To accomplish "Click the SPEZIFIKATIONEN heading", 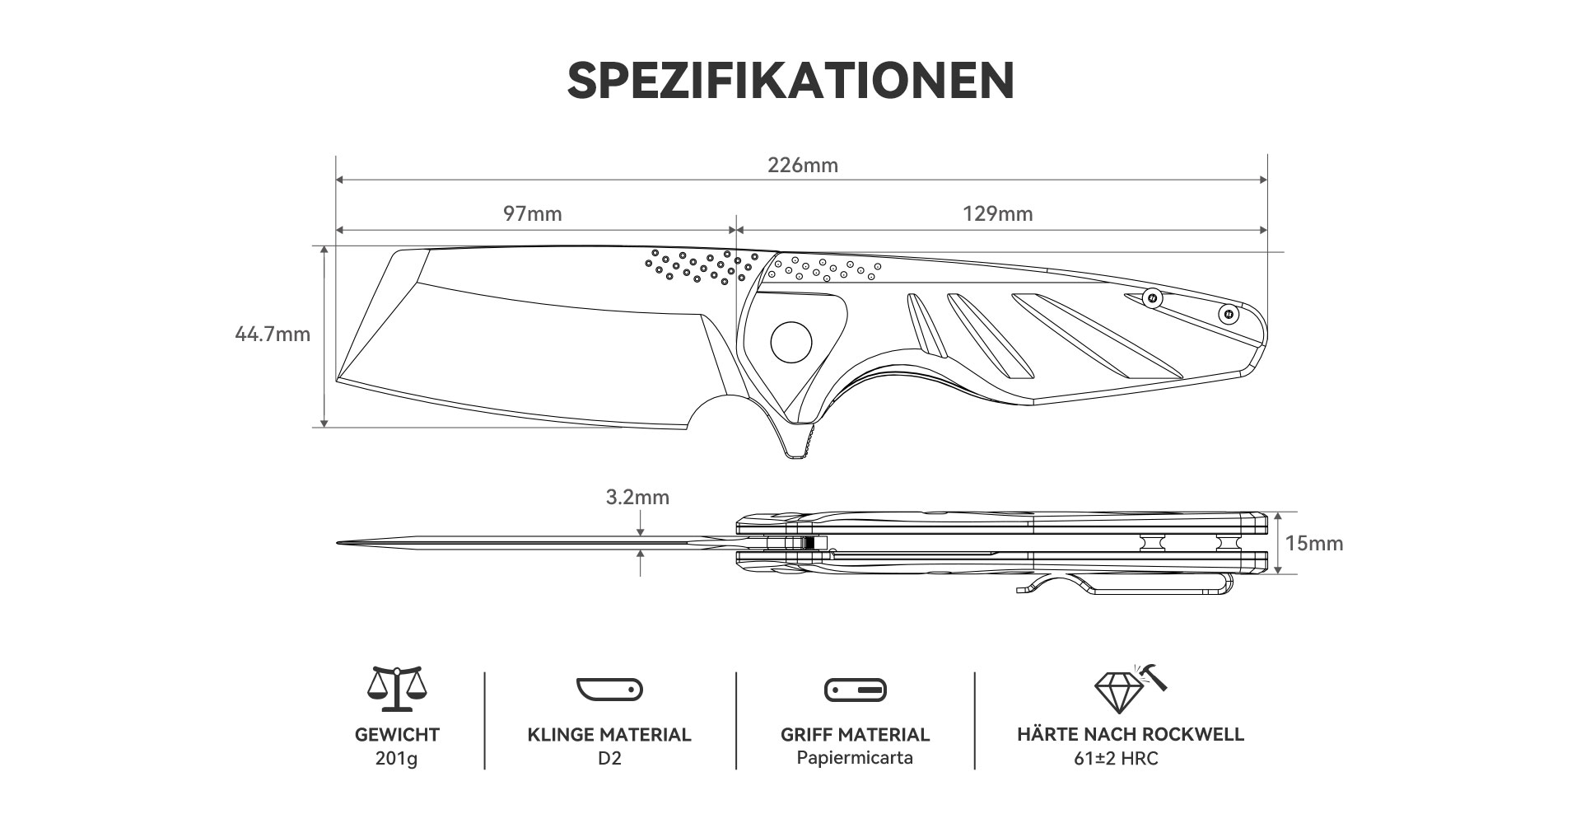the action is pyautogui.click(x=790, y=80).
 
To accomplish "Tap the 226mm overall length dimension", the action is pyautogui.click(x=803, y=166).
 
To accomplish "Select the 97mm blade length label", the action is pyautogui.click(x=533, y=214).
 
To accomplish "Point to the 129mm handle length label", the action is pyautogui.click(x=998, y=214).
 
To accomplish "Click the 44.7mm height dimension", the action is pyautogui.click(x=273, y=334).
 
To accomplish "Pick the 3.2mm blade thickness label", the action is pyautogui.click(x=637, y=498).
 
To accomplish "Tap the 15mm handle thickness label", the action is pyautogui.click(x=1314, y=544).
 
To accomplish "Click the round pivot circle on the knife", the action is pyautogui.click(x=791, y=341).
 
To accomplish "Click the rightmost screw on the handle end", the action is pyautogui.click(x=1229, y=314).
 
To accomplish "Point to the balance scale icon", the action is pyautogui.click(x=397, y=689).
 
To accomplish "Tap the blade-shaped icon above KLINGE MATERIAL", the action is pyautogui.click(x=609, y=690).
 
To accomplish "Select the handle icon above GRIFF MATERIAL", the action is pyautogui.click(x=855, y=690).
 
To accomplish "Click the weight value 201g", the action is pyautogui.click(x=396, y=759).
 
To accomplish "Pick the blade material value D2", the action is pyautogui.click(x=609, y=758).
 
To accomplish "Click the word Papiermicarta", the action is pyautogui.click(x=855, y=758).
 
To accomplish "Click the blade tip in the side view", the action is pyautogui.click(x=338, y=543).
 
